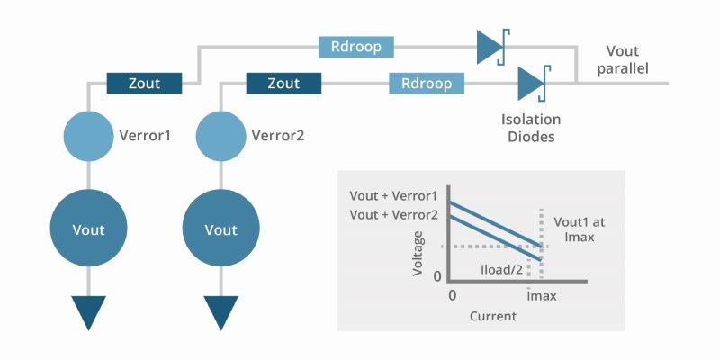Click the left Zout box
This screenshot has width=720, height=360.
point(145,84)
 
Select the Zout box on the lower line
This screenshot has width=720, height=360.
point(283,84)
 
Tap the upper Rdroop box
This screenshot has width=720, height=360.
point(356,46)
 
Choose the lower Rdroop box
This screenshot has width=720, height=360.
point(427,84)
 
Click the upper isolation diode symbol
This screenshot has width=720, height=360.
point(491,46)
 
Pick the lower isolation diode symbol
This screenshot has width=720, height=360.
point(533,84)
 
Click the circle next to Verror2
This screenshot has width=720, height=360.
point(220,136)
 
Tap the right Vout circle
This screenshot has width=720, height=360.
point(220,229)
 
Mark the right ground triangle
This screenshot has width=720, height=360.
point(220,312)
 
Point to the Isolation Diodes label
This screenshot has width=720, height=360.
point(531,128)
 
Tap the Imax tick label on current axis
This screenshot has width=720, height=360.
point(540,294)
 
